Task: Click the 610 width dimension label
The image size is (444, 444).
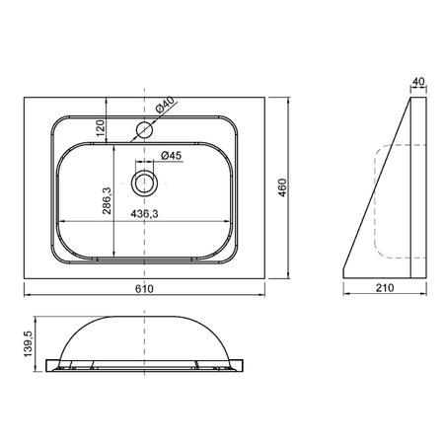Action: tap(144, 288)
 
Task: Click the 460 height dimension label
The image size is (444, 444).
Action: tap(282, 187)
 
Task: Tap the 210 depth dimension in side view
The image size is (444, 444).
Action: tap(385, 288)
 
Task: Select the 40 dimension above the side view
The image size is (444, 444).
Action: tap(418, 81)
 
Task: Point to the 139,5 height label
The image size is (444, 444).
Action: tap(29, 343)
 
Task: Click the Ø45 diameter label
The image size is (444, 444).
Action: tap(172, 155)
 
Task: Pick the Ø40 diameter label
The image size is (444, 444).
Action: tap(165, 105)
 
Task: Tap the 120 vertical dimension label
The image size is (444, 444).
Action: tap(101, 128)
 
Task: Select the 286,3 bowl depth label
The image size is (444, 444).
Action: tap(108, 200)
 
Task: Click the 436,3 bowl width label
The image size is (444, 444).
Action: tap(144, 214)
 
